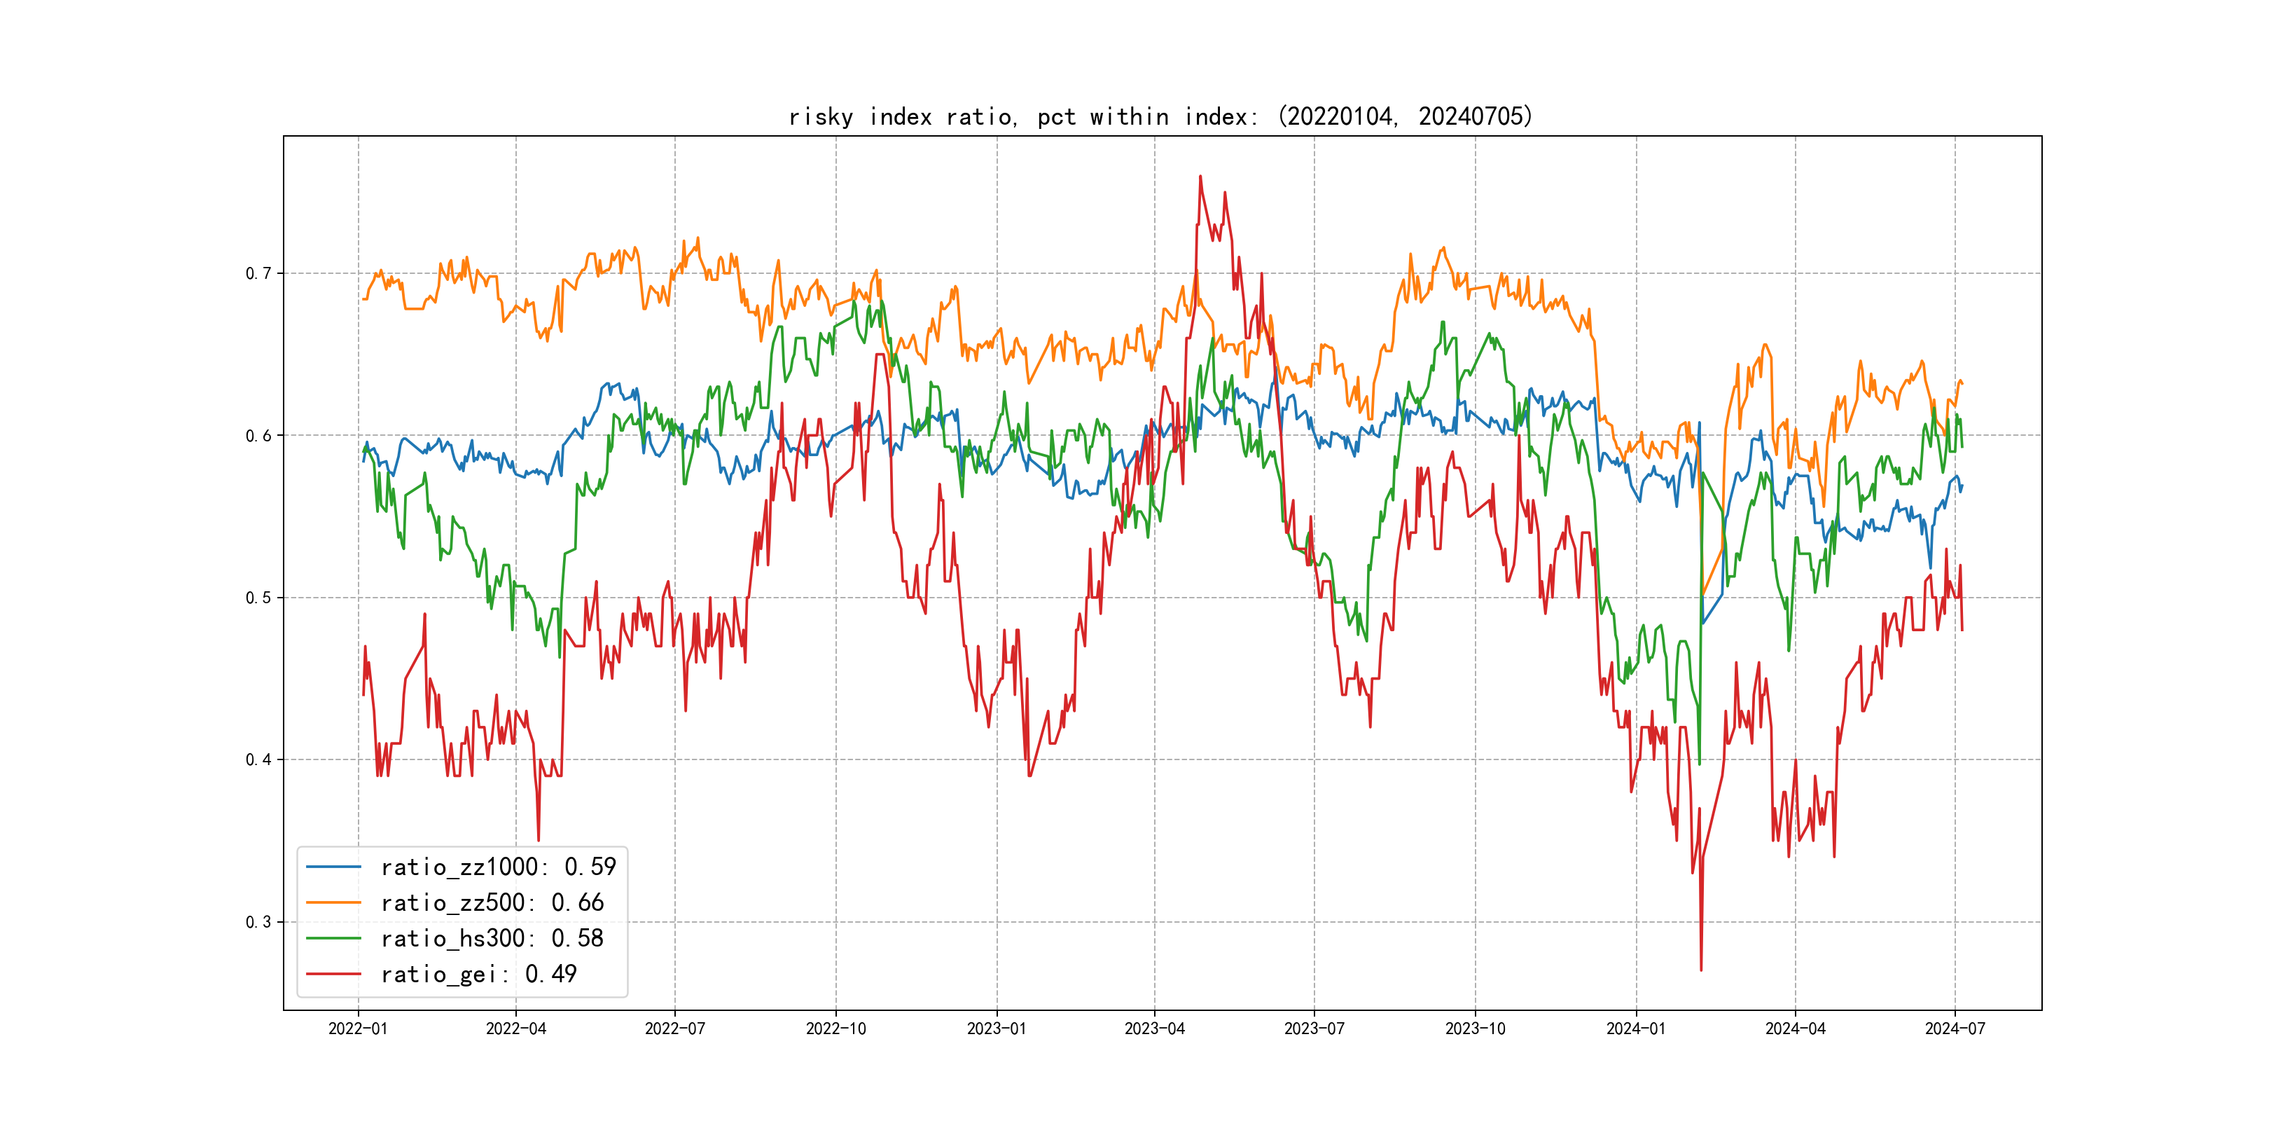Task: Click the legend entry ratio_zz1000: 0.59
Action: pyautogui.click(x=498, y=867)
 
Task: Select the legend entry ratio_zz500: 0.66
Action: pyautogui.click(x=492, y=902)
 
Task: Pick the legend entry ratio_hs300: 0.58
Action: pyautogui.click(x=492, y=939)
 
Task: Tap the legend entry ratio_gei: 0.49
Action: pyautogui.click(x=478, y=974)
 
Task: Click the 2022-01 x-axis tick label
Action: pyautogui.click(x=358, y=1029)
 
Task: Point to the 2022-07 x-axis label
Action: pyautogui.click(x=674, y=1029)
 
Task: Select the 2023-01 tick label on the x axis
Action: pyautogui.click(x=997, y=1029)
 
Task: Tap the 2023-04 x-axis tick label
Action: pyautogui.click(x=1154, y=1029)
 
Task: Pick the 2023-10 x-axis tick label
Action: pyautogui.click(x=1476, y=1029)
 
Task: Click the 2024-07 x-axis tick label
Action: pyautogui.click(x=1955, y=1029)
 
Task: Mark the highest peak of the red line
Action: pyautogui.click(x=1200, y=177)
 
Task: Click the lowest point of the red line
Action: pyautogui.click(x=1701, y=970)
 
